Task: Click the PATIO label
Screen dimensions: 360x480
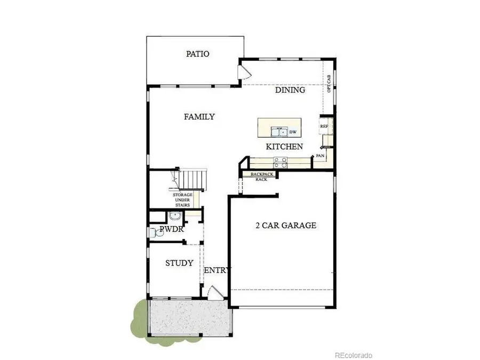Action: click(197, 54)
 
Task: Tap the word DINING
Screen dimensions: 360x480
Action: click(290, 90)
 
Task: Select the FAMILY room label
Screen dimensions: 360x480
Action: click(199, 116)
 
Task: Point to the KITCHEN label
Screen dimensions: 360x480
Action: click(285, 146)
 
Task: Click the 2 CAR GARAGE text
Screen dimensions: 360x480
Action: click(286, 225)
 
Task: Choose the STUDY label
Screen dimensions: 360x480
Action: click(179, 263)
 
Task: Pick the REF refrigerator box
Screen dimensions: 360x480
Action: click(324, 126)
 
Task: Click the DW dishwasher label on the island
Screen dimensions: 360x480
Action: click(293, 131)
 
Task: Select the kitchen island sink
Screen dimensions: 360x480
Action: click(278, 131)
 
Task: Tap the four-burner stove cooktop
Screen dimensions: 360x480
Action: click(281, 160)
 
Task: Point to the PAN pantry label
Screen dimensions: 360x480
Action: click(320, 156)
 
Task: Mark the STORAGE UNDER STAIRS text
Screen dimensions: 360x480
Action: click(182, 200)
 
